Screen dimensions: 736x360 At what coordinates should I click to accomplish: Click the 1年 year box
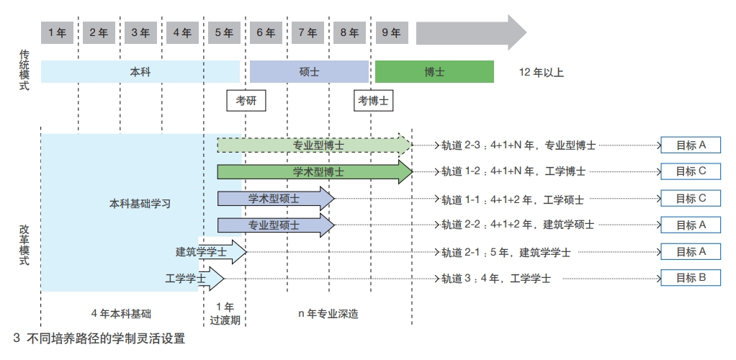58,33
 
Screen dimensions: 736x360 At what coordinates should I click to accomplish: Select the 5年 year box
225,33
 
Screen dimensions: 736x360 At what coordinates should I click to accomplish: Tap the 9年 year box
392,33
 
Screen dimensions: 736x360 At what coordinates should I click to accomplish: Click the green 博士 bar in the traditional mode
434,72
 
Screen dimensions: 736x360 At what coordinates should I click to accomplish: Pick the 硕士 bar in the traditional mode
309,72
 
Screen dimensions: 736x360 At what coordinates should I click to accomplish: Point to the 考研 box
246,101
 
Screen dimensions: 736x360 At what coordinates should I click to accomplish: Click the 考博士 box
373,101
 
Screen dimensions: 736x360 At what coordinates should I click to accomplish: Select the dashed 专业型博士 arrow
315,145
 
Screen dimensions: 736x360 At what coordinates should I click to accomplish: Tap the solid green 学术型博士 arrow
315,172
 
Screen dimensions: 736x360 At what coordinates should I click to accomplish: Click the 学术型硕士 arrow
276,199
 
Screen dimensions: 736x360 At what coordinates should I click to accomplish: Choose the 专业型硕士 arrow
276,225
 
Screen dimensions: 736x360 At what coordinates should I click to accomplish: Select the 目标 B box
691,278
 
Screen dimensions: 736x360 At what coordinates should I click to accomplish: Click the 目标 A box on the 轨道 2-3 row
691,145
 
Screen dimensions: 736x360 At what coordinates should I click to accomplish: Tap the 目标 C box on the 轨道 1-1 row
691,198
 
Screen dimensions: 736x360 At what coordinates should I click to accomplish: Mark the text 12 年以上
542,72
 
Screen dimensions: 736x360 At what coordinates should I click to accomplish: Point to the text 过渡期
225,320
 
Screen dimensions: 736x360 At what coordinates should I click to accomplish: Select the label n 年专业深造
328,314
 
